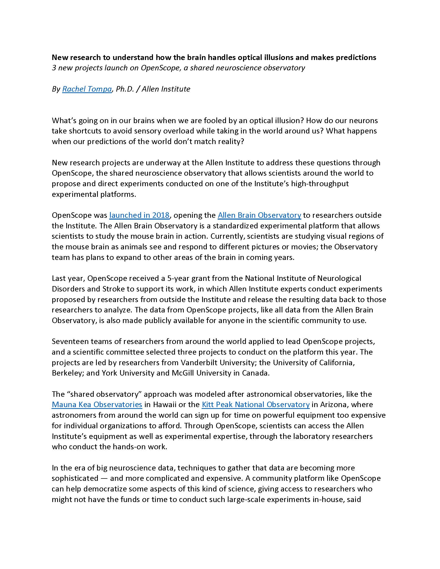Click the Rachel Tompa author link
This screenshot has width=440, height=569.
[87, 89]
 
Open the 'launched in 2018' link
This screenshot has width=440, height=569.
[140, 215]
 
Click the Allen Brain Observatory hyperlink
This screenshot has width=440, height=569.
[259, 215]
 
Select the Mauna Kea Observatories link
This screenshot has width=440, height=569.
[97, 405]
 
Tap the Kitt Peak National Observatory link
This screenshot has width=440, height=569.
[256, 405]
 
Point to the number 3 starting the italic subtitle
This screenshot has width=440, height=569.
[54, 68]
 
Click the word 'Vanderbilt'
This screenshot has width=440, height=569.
[220, 362]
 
